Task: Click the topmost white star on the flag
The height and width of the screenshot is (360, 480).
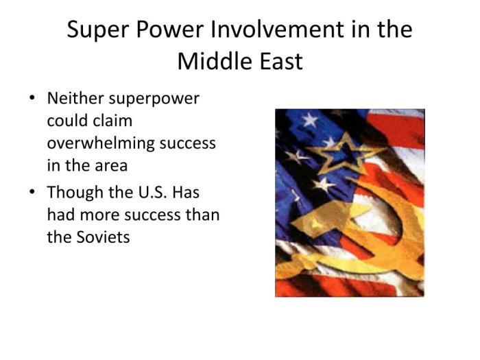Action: click(x=310, y=121)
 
